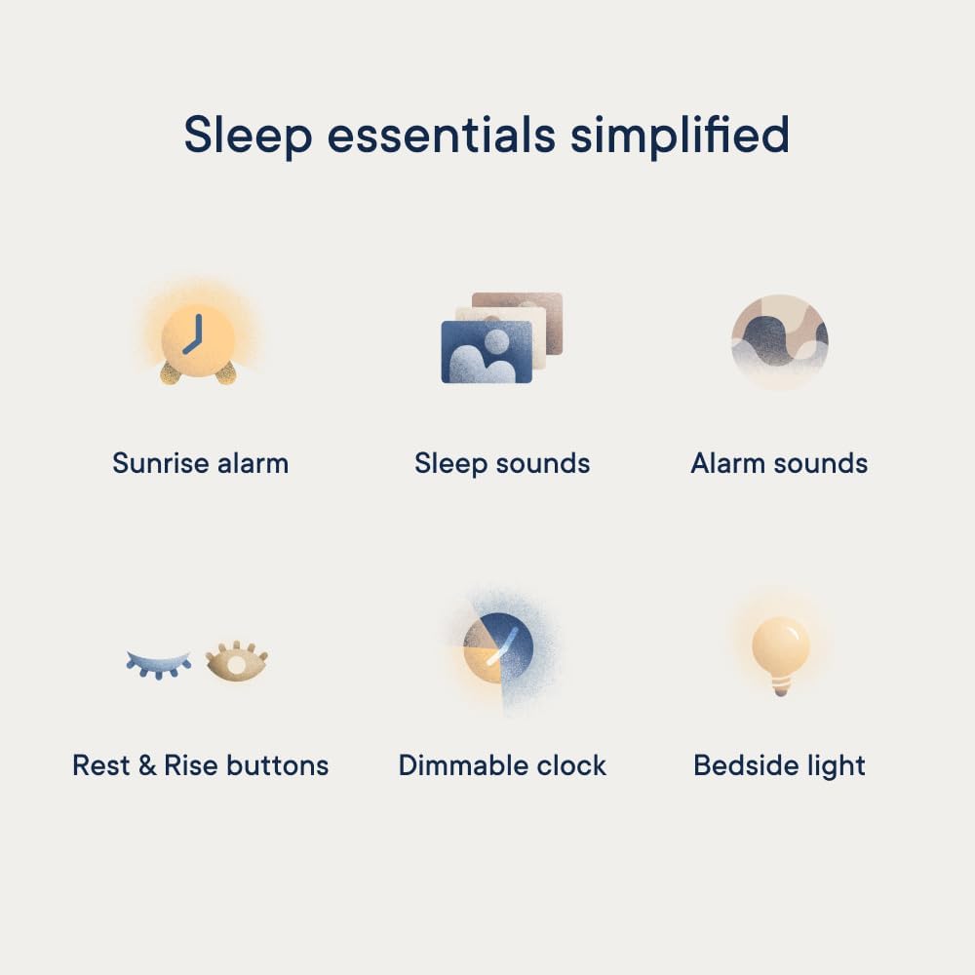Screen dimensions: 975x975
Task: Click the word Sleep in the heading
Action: pyautogui.click(x=248, y=136)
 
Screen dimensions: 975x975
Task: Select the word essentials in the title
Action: pyautogui.click(x=441, y=135)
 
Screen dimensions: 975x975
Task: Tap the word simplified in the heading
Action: pyautogui.click(x=680, y=136)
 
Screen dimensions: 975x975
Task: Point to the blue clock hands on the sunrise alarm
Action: pyautogui.click(x=193, y=334)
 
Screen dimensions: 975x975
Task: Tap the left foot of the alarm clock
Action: pyautogui.click(x=171, y=372)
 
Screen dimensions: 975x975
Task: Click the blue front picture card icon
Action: pyautogui.click(x=487, y=352)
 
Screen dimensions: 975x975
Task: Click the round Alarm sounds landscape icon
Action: pyautogui.click(x=780, y=341)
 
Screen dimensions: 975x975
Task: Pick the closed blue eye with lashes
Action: pyautogui.click(x=159, y=664)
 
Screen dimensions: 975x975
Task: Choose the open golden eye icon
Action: pyautogui.click(x=237, y=662)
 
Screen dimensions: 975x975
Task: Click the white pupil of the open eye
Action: pyautogui.click(x=236, y=665)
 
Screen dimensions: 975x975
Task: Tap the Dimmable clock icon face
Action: pyautogui.click(x=498, y=648)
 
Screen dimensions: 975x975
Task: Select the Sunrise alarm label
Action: pyautogui.click(x=200, y=463)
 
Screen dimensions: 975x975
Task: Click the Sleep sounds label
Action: pyautogui.click(x=502, y=464)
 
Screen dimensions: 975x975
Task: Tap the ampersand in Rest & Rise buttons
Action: pyautogui.click(x=147, y=765)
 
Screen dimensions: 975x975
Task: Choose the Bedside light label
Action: pyautogui.click(x=779, y=766)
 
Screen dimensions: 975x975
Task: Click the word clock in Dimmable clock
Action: pyautogui.click(x=570, y=765)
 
